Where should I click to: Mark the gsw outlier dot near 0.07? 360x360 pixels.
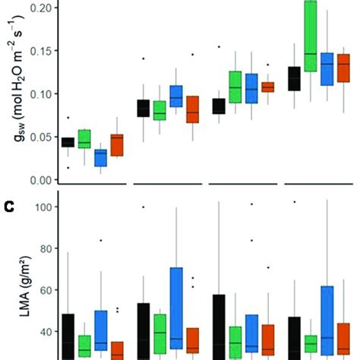pos(47,118)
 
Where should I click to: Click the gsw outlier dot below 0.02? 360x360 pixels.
pos(47,168)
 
